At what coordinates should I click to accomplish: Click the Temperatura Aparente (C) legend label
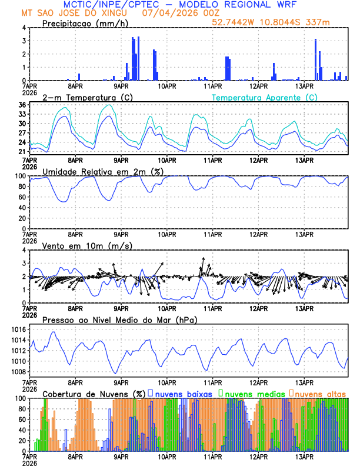(x=264, y=97)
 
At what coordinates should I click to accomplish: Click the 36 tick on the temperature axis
(x=21, y=105)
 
